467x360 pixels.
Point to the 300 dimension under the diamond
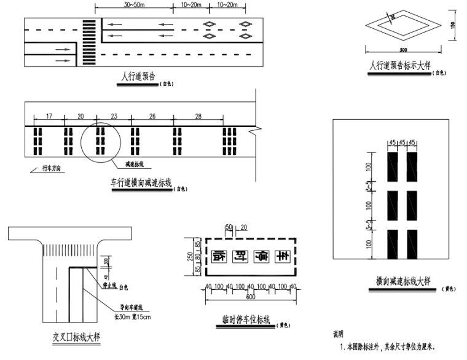[x=402, y=50]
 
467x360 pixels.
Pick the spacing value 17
[x=49, y=115]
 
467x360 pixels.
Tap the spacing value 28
[x=198, y=115]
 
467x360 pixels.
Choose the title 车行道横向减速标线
[x=141, y=183]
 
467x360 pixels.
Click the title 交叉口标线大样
[x=77, y=337]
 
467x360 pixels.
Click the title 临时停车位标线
[x=245, y=319]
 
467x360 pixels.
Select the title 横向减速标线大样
[x=402, y=281]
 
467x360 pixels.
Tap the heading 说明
[x=338, y=335]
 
